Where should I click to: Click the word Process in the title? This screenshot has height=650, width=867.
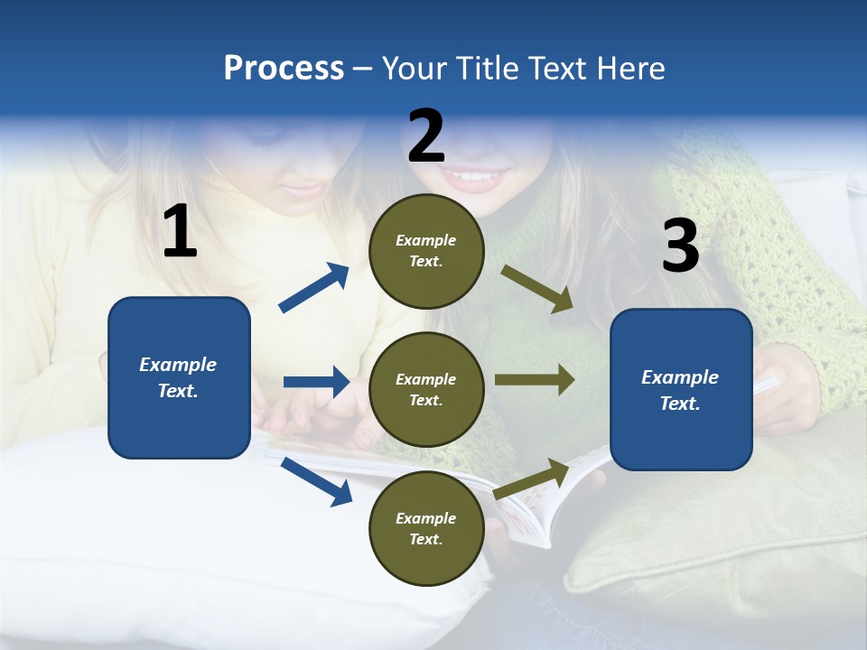point(284,69)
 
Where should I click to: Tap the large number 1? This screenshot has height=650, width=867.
point(180,232)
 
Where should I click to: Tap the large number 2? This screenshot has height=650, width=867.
point(426,136)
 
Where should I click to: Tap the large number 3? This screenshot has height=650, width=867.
point(680,246)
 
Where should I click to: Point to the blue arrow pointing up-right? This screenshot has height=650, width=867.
point(314,288)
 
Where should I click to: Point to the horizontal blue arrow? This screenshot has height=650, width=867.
point(316,382)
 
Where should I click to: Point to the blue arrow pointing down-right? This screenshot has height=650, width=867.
point(316,480)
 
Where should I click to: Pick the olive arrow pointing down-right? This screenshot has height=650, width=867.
point(537,289)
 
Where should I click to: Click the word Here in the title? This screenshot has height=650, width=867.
point(629,69)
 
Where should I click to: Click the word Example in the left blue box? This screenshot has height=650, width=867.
point(178,365)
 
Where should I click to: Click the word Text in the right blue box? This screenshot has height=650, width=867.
point(678,404)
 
